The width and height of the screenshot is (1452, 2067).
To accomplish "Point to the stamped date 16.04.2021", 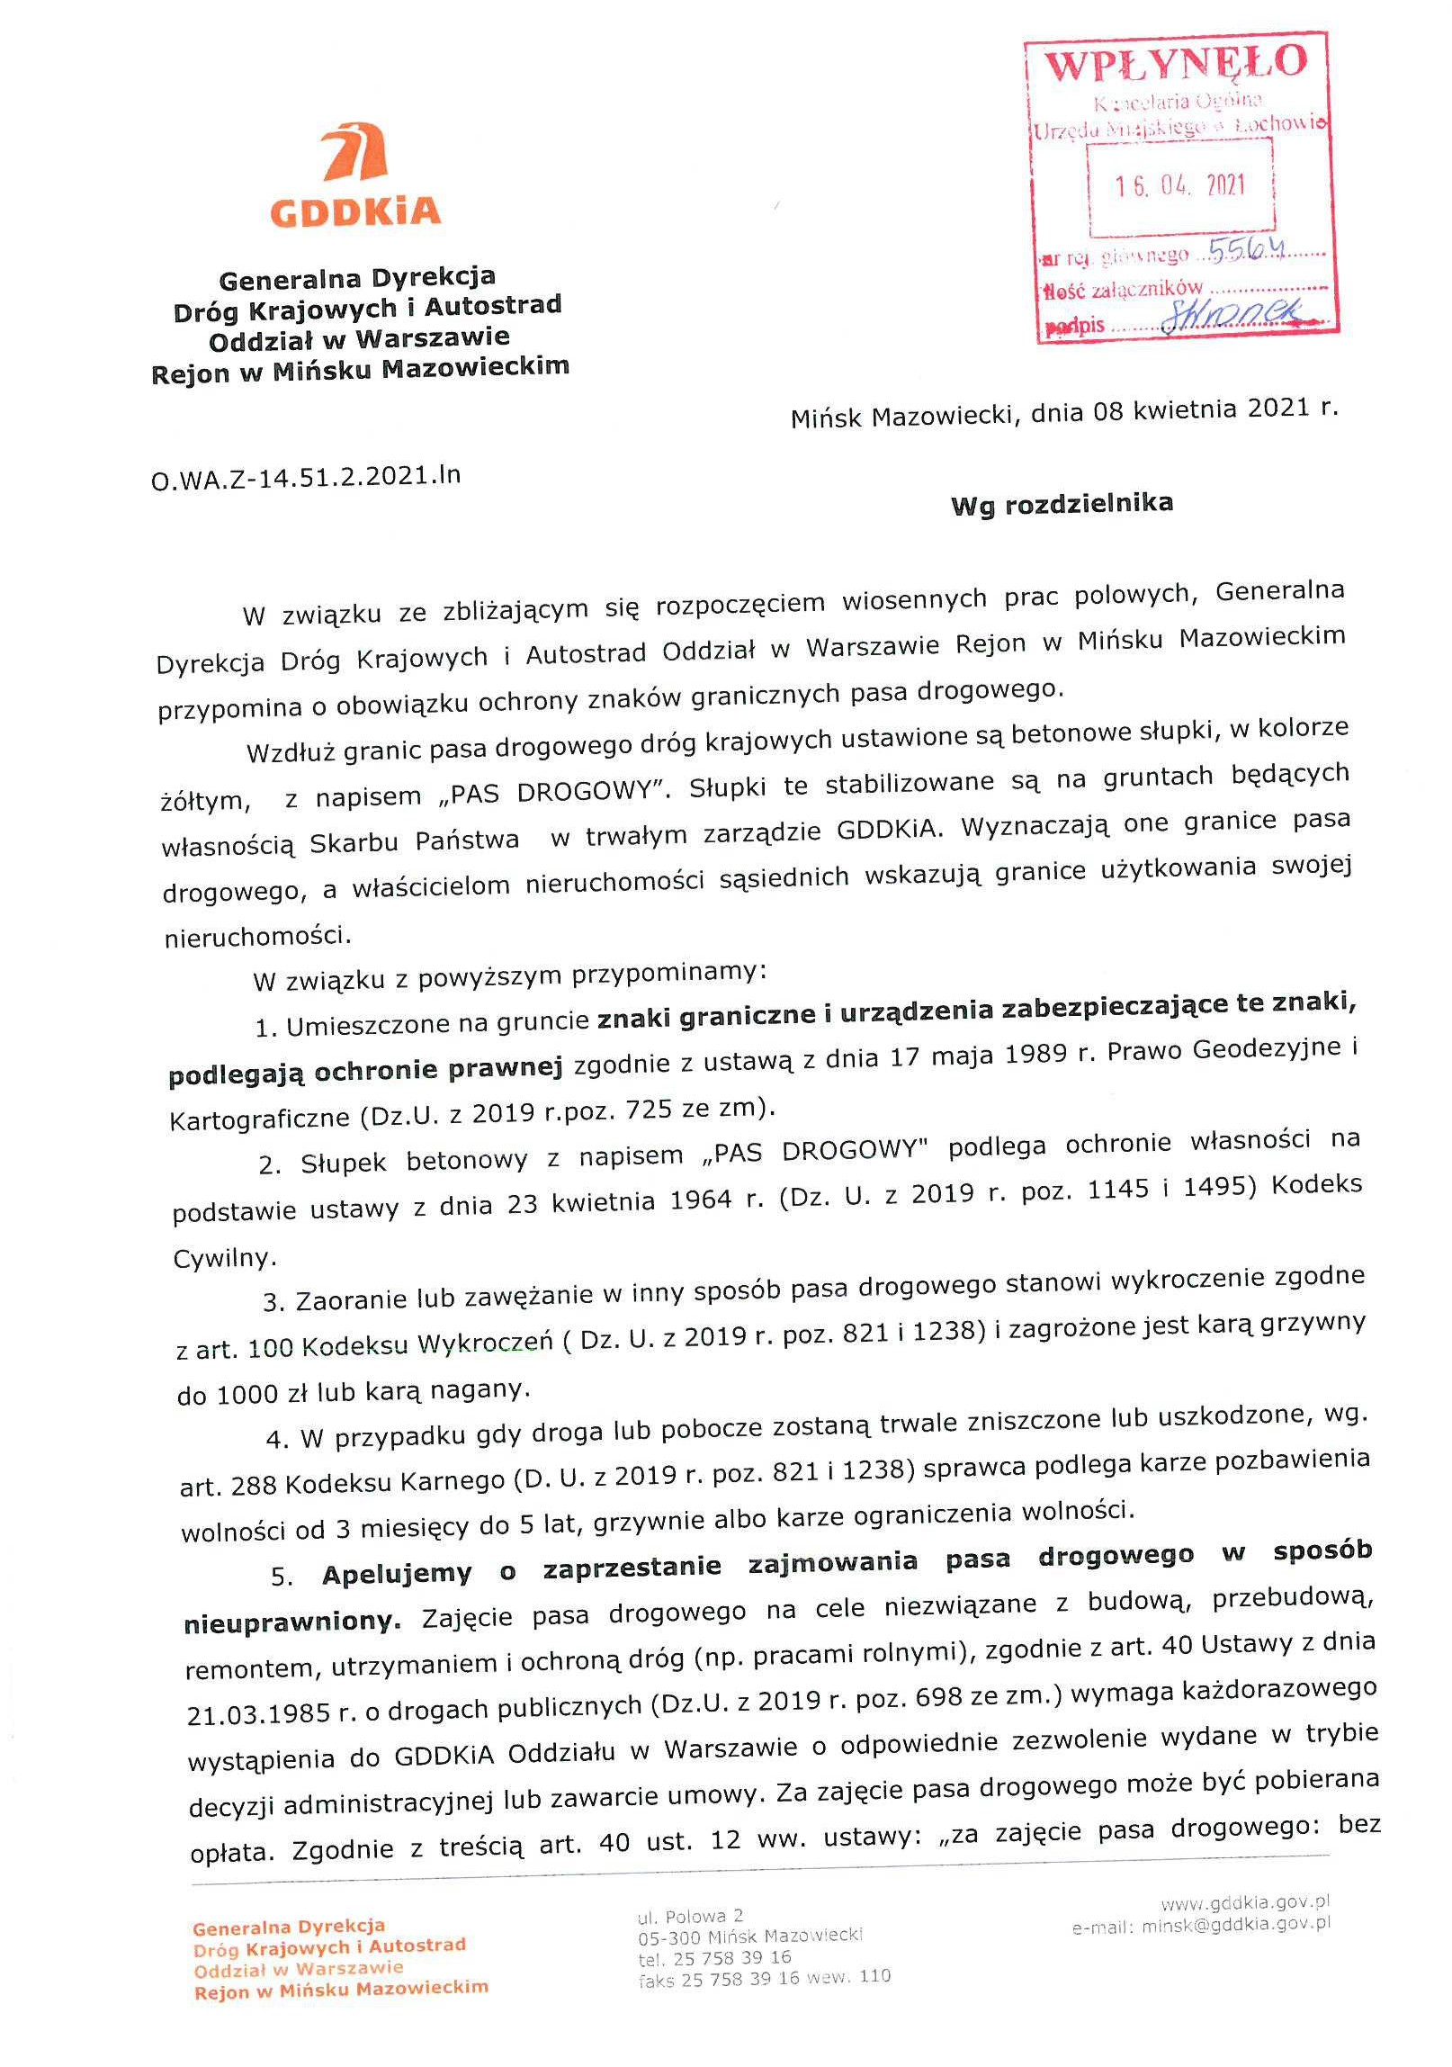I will point(1180,186).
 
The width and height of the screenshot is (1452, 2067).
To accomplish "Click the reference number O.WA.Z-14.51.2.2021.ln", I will point(306,475).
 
